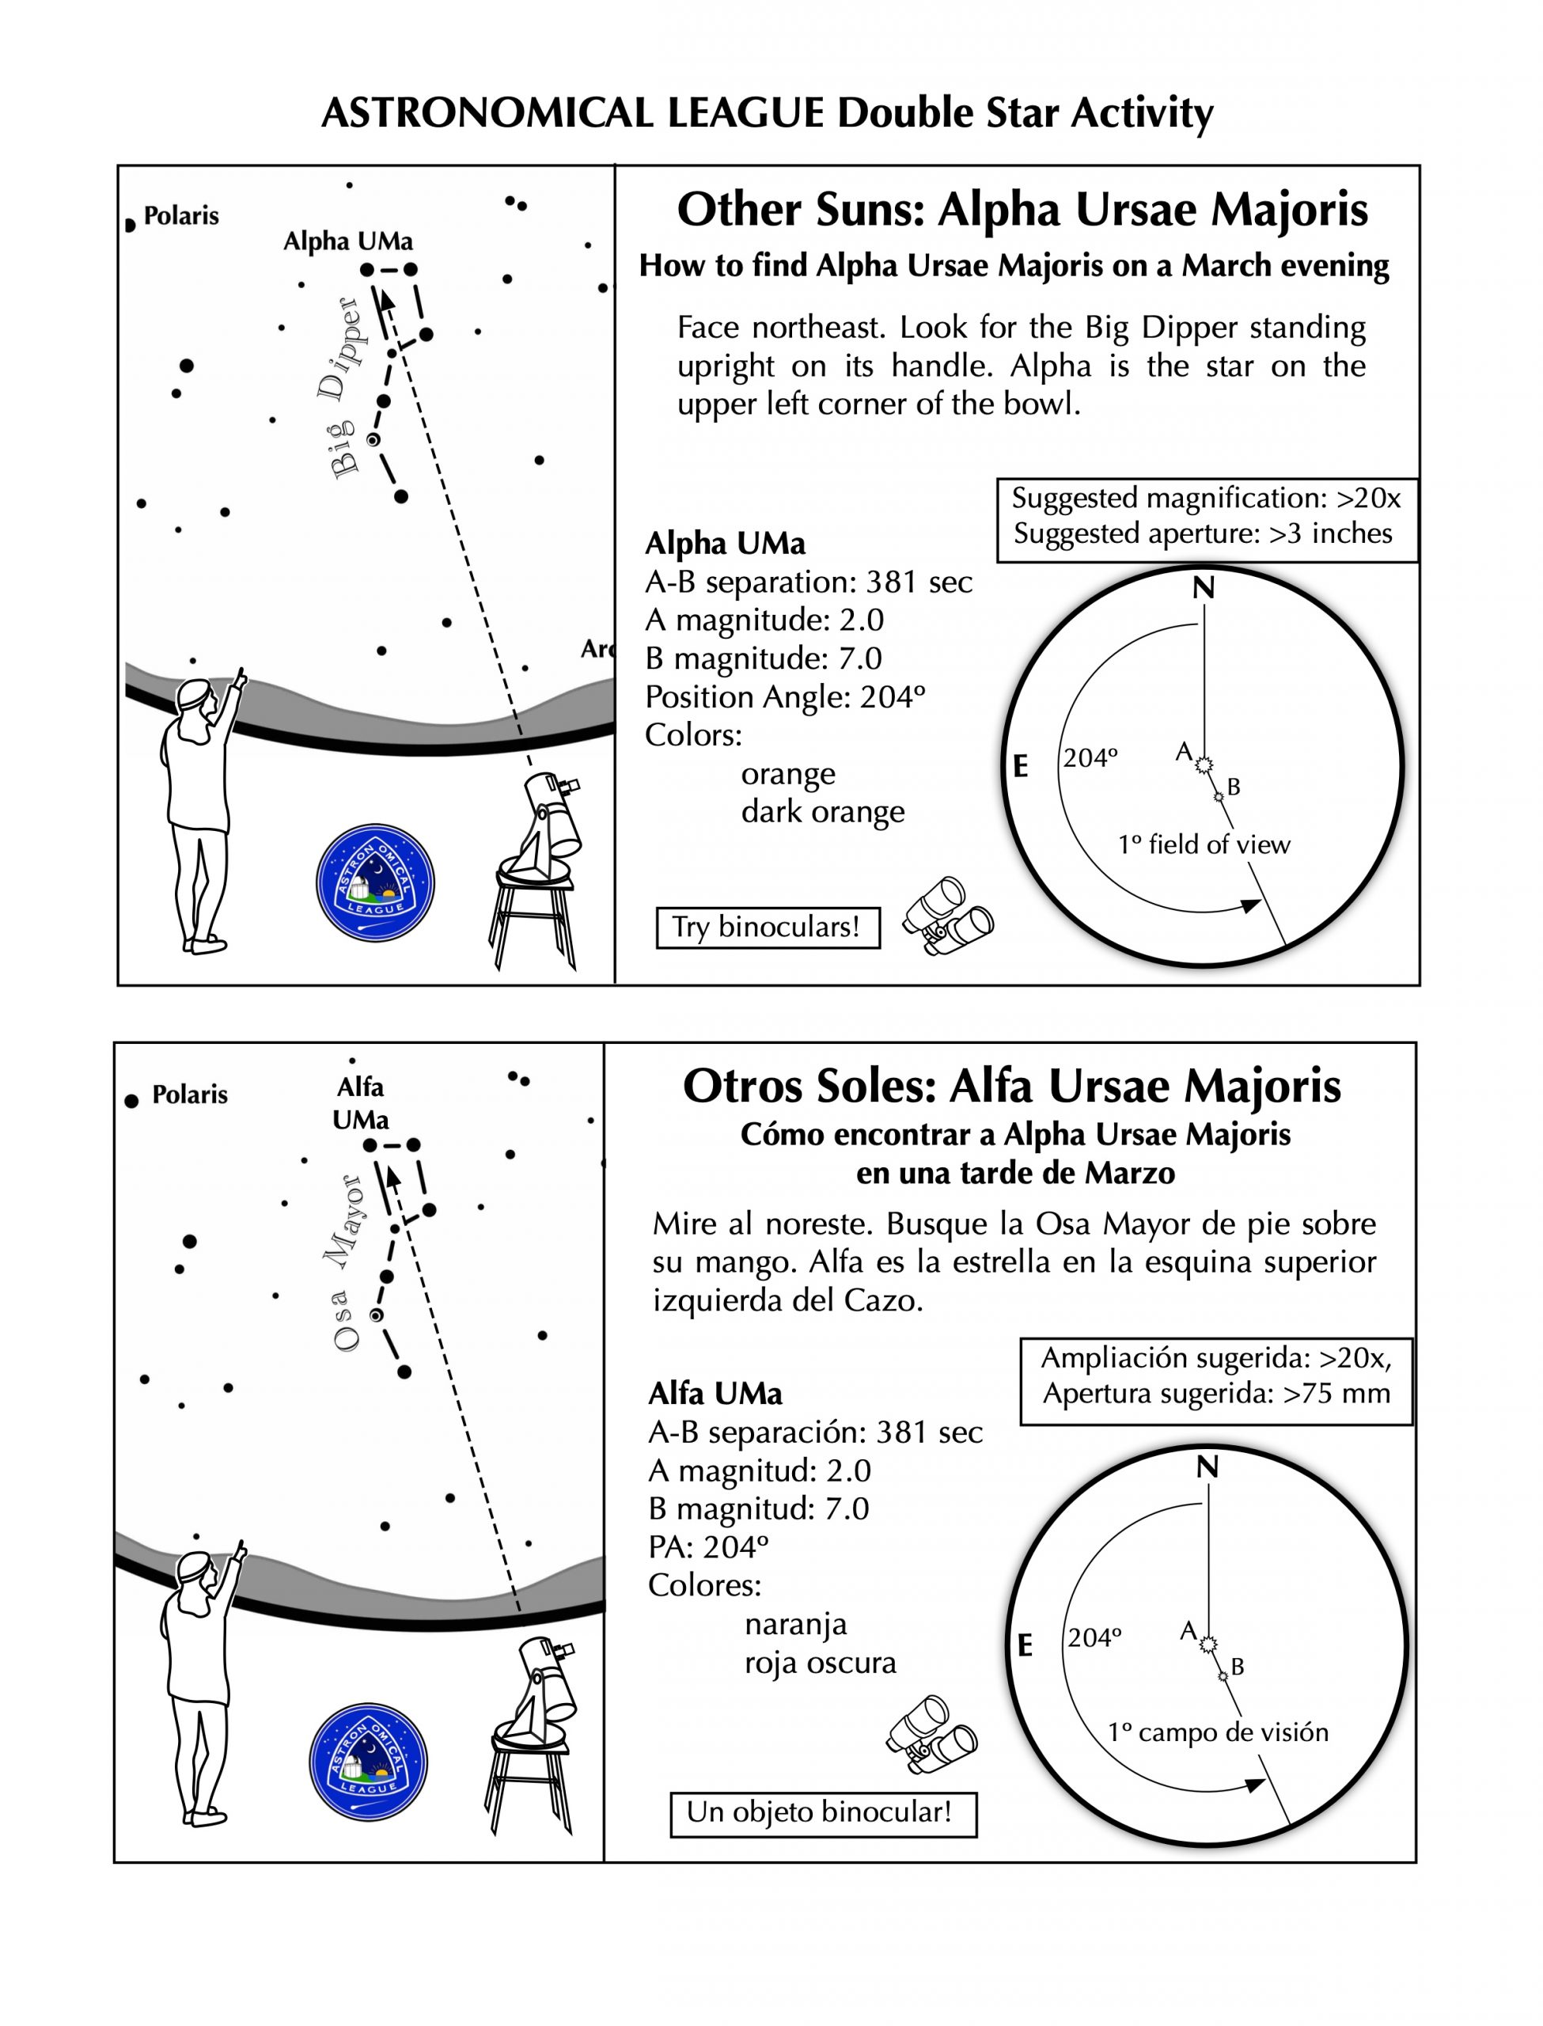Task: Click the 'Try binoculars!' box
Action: coord(768,927)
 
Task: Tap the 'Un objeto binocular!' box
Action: coord(823,1812)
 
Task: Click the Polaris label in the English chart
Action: coord(181,217)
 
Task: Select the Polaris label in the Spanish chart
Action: coord(189,1095)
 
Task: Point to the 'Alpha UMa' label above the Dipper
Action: coord(348,241)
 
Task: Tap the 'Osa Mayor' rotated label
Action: coord(347,1264)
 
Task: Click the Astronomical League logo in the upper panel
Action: coord(375,882)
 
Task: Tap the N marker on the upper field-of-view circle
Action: coord(1204,588)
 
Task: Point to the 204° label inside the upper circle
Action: coord(1090,759)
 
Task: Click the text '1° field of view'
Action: coord(1204,845)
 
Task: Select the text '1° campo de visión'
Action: coord(1218,1733)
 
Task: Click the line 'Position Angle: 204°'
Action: coord(784,697)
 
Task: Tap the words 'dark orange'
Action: coord(823,812)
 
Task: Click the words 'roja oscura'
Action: coord(821,1664)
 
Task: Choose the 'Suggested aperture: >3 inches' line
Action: coord(1202,533)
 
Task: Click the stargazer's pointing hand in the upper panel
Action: coord(241,679)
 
